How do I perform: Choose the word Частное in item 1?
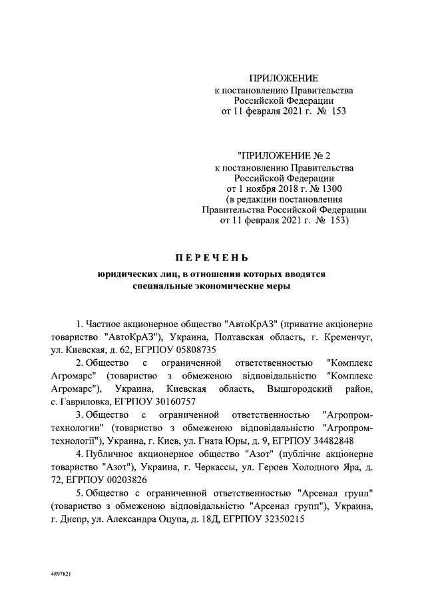coord(105,324)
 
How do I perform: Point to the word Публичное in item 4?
coord(109,454)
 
